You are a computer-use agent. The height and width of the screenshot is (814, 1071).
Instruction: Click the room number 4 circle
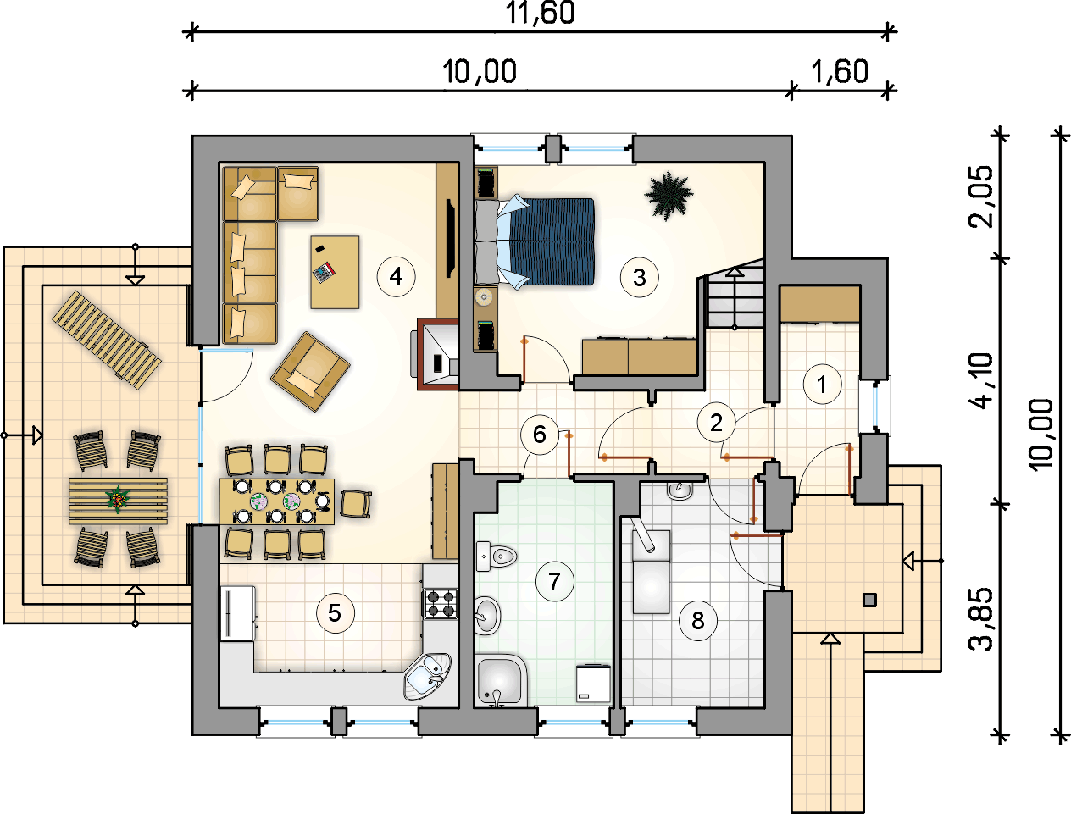[x=396, y=276]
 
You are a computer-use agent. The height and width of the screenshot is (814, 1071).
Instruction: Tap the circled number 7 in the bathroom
[x=554, y=581]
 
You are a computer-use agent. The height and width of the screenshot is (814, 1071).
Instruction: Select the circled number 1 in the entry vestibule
[x=822, y=385]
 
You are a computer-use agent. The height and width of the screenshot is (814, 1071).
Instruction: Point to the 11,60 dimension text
[x=540, y=13]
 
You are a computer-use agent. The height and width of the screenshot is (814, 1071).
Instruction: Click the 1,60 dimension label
[x=839, y=71]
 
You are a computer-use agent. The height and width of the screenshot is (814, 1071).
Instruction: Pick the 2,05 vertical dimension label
[x=980, y=196]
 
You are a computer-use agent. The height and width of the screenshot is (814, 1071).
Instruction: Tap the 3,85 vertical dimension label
[x=980, y=619]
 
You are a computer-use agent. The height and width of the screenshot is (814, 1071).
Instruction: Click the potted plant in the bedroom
[x=669, y=195]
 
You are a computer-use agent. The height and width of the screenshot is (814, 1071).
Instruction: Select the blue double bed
[x=535, y=241]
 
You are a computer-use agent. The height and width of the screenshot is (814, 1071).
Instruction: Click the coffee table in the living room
[x=335, y=272]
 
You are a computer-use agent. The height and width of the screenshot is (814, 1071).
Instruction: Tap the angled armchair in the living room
[x=310, y=372]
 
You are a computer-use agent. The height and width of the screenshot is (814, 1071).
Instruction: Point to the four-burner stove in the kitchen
[x=440, y=604]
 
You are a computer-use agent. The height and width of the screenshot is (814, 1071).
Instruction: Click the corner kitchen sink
[x=427, y=676]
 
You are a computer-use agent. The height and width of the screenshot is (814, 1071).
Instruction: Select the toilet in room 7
[x=497, y=556]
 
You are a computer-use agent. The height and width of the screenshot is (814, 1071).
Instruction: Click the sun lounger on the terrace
[x=107, y=340]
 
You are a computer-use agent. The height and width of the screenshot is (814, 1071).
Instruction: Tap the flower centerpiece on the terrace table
[x=117, y=499]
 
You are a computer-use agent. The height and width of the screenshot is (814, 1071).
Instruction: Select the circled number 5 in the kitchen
[x=336, y=613]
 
